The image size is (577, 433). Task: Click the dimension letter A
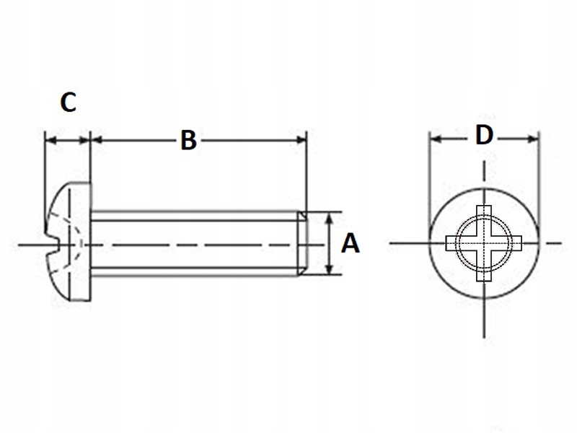click(x=350, y=244)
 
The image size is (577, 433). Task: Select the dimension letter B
click(x=188, y=140)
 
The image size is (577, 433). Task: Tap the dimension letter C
click(x=67, y=102)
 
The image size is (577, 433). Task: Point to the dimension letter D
click(x=484, y=135)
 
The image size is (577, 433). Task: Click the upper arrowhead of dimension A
click(x=330, y=216)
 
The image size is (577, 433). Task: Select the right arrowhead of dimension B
click(x=302, y=139)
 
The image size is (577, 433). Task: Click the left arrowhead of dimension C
click(x=49, y=139)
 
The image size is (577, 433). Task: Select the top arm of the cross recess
click(x=484, y=216)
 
